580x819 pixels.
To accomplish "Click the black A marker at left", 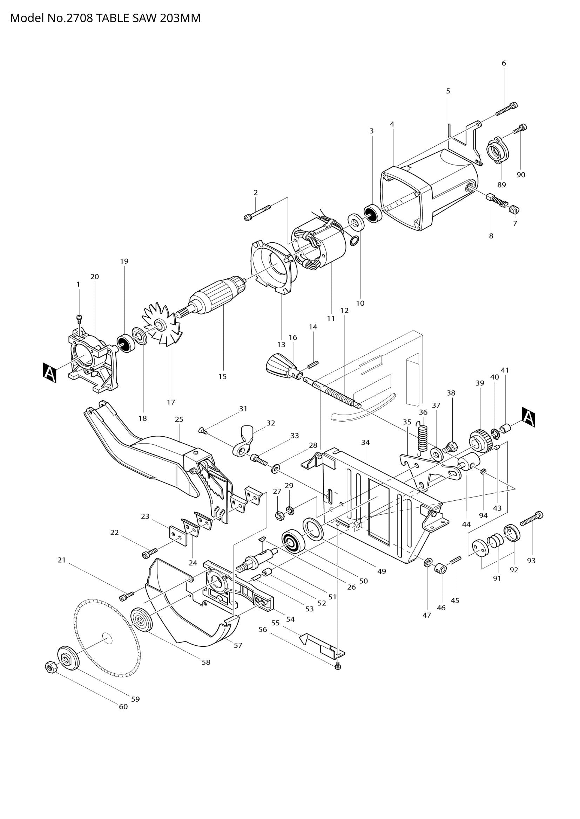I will (x=50, y=373).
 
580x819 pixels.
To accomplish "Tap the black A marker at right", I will (x=528, y=417).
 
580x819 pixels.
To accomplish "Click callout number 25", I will (x=179, y=419).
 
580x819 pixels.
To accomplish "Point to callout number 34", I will (x=365, y=442).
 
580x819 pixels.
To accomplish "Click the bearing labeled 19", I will (x=125, y=343).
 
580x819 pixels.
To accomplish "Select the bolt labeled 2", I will (x=258, y=213).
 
